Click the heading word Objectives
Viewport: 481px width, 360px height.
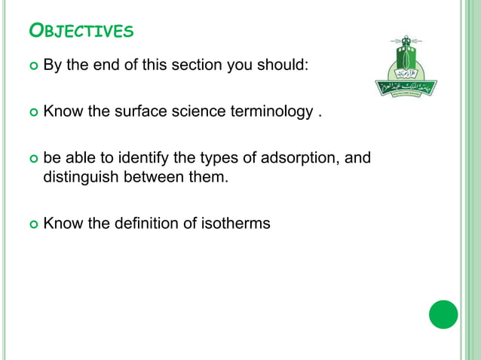tap(81, 31)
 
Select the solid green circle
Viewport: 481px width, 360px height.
tap(443, 314)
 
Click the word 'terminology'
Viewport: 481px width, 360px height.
tap(272, 112)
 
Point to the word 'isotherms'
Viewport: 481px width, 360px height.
tap(237, 223)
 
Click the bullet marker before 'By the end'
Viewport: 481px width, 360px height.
tap(32, 66)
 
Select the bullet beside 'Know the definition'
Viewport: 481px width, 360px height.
tap(32, 224)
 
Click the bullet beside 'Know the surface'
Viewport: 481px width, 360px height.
tap(32, 113)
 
